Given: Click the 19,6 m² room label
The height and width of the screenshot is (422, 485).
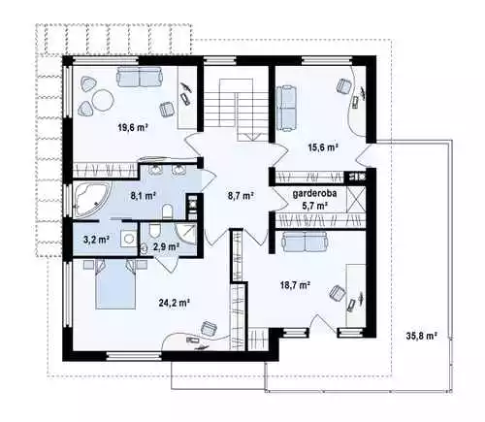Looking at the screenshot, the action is click(x=133, y=127).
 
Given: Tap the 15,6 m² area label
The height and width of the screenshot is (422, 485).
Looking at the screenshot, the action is click(x=323, y=147).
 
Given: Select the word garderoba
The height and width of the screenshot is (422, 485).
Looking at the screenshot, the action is click(x=314, y=193).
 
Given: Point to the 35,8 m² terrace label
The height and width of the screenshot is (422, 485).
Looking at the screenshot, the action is click(x=422, y=336).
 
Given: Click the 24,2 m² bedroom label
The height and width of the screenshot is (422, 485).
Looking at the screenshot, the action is click(x=174, y=303).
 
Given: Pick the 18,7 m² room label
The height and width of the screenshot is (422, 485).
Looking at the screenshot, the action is click(x=295, y=285).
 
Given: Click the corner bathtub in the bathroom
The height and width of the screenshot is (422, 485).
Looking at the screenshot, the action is click(x=91, y=199).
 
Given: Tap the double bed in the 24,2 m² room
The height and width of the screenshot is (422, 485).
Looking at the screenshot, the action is click(x=115, y=284).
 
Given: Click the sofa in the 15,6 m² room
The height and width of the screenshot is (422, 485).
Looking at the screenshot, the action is click(x=286, y=108).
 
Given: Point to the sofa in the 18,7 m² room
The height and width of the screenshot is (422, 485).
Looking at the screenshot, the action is click(x=306, y=242).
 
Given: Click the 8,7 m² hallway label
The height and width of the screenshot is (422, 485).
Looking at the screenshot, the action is click(x=241, y=196).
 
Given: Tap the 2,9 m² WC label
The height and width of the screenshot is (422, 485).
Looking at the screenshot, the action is click(x=166, y=246).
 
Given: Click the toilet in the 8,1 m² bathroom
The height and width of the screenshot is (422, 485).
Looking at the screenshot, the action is click(x=167, y=211).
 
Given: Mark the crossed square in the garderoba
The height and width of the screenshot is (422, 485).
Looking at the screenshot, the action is click(x=356, y=199).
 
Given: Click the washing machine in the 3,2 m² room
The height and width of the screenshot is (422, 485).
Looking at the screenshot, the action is click(x=129, y=239).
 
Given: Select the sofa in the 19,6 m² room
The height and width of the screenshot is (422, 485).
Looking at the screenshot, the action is click(x=140, y=77).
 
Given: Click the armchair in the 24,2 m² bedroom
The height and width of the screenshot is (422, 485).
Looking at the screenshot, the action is click(x=210, y=329).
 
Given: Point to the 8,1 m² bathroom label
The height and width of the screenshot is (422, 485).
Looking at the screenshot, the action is click(x=143, y=195).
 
